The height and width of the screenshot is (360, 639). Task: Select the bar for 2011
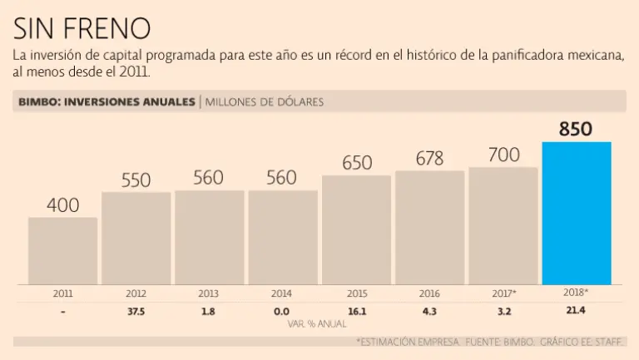tap(62, 251)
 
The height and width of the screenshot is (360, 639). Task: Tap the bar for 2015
tap(356, 230)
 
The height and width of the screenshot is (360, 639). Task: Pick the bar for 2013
tap(209, 238)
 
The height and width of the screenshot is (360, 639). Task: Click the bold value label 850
tap(576, 129)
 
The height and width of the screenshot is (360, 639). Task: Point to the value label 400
tap(62, 205)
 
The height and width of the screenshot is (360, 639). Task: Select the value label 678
tap(429, 158)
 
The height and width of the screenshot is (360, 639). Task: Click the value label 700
tap(503, 155)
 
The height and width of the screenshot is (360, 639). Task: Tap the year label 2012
tap(136, 293)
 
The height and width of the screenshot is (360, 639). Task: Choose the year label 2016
tap(429, 293)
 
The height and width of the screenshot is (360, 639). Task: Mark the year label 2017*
tap(503, 293)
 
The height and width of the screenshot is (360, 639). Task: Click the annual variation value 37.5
tap(136, 312)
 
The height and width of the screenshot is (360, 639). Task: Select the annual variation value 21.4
tap(576, 312)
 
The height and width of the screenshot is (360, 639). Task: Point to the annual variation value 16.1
tap(356, 312)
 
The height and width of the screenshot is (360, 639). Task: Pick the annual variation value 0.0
tap(283, 312)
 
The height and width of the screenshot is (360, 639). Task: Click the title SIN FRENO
tap(82, 28)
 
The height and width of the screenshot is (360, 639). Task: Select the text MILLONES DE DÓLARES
tap(265, 102)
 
